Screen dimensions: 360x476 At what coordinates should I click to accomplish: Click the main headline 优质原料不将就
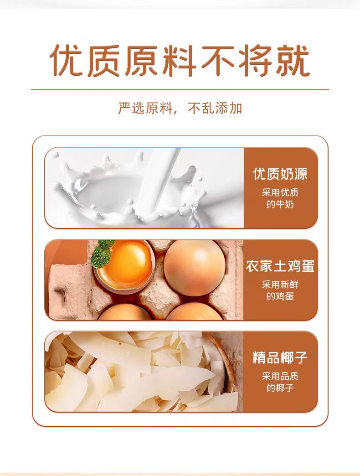pos(180,60)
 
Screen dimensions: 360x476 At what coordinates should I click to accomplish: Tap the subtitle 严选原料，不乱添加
pos(180,108)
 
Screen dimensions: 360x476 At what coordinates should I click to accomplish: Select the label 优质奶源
pos(280,174)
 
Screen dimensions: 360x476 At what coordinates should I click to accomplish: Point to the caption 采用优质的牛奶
pos(280,198)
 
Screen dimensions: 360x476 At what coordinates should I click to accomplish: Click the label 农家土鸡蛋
pos(280,266)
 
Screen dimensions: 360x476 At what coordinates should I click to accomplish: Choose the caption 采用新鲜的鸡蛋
pos(280,290)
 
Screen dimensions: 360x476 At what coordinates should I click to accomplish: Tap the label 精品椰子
pos(280,357)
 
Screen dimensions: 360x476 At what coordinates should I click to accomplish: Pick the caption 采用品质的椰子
pos(280,382)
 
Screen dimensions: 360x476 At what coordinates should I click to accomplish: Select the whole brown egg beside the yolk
pos(195,268)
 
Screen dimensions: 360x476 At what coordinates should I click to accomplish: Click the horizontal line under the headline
pos(180,90)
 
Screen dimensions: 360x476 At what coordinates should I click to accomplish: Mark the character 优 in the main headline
pos(66,60)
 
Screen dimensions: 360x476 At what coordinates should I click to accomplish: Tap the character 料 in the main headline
pos(180,60)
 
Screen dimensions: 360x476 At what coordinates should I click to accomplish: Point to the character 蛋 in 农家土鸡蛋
pos(308,266)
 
